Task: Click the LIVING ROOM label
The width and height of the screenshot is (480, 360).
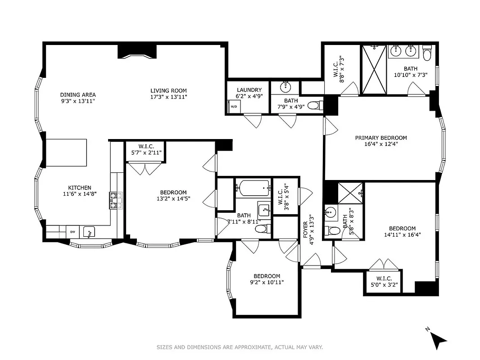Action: tap(168, 91)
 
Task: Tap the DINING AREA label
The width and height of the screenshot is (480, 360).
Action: tap(78, 95)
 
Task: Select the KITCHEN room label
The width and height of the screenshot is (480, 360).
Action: tap(80, 188)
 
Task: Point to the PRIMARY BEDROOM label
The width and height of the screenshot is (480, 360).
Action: tap(380, 138)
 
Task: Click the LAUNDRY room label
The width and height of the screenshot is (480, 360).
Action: tap(249, 90)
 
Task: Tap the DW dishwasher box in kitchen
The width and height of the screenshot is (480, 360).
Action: tap(72, 232)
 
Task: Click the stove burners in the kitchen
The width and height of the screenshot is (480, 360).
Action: tap(113, 200)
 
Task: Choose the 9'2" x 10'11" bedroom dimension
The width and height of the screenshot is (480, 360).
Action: tap(267, 283)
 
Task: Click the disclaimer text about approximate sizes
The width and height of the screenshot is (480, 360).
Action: tap(240, 347)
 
